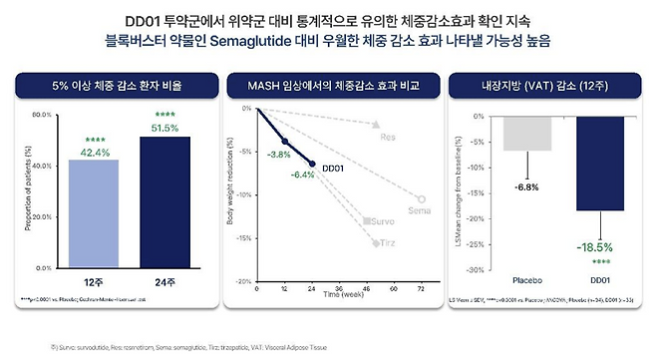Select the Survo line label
click(384, 219)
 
